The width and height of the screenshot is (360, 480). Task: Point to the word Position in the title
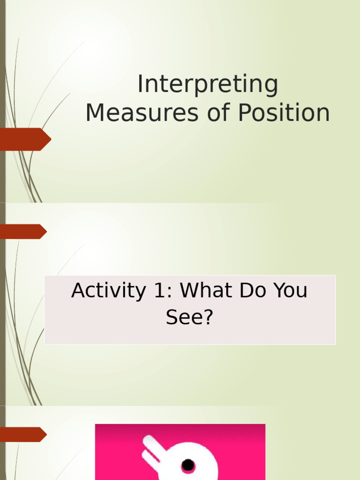click(x=284, y=113)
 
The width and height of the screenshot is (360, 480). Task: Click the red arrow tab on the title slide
click(x=26, y=139)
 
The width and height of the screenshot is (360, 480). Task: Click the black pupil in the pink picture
click(x=188, y=465)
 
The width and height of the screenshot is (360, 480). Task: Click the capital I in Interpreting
click(x=140, y=84)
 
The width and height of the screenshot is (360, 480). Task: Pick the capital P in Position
click(x=245, y=113)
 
